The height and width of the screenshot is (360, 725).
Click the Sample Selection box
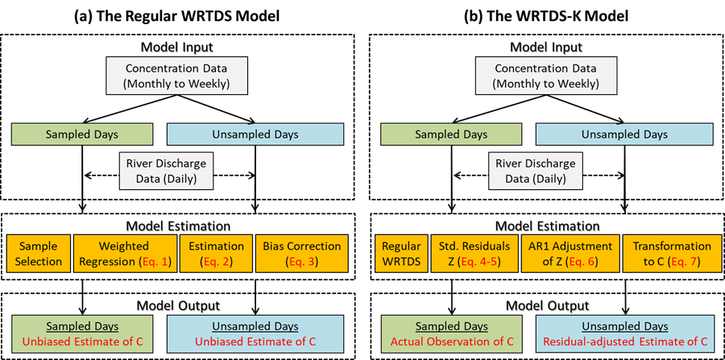point(39,254)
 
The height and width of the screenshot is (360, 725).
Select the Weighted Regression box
point(124,254)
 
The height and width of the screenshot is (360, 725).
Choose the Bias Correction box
point(302,254)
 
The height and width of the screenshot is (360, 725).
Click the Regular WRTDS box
point(401,254)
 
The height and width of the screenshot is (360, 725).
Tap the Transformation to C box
point(672,254)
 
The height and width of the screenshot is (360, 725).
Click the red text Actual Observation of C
point(452,342)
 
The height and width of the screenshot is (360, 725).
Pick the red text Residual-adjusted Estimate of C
point(624,342)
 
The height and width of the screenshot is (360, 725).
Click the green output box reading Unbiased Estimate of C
point(81,334)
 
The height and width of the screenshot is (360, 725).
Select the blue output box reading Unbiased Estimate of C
point(255,334)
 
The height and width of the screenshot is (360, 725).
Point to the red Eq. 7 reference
point(689,262)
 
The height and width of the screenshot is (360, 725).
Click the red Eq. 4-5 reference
point(482,262)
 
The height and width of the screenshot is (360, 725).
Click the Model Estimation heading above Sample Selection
point(177,226)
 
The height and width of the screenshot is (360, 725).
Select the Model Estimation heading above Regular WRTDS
point(547,226)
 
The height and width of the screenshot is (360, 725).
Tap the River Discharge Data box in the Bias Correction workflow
point(167,172)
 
